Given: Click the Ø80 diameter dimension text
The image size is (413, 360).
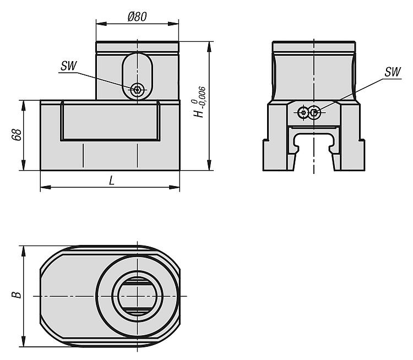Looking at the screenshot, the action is (x=137, y=17).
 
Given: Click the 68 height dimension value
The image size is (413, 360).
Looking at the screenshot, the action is (x=17, y=134).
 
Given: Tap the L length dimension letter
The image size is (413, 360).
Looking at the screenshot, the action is (x=112, y=181).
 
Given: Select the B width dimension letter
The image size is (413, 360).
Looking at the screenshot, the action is (x=17, y=294).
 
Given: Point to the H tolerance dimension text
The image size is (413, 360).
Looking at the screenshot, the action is (x=199, y=102).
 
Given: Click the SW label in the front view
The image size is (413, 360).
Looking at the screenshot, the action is (x=68, y=66).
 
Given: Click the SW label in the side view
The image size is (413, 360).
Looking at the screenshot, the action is (x=392, y=72).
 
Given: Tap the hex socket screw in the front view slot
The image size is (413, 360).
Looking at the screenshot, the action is (x=137, y=90).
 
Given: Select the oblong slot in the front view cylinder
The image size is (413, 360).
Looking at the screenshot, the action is (x=137, y=77).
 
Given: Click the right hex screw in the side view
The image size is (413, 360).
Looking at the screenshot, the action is (x=314, y=113).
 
